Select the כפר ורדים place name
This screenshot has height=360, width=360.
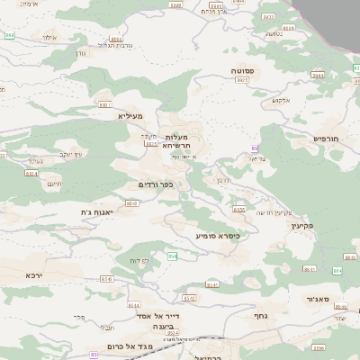pos(156,184)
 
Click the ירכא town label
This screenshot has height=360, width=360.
pos(34,274)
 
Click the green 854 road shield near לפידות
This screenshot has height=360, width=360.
pos(172,256)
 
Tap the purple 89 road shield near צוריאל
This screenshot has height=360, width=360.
pos(256,148)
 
